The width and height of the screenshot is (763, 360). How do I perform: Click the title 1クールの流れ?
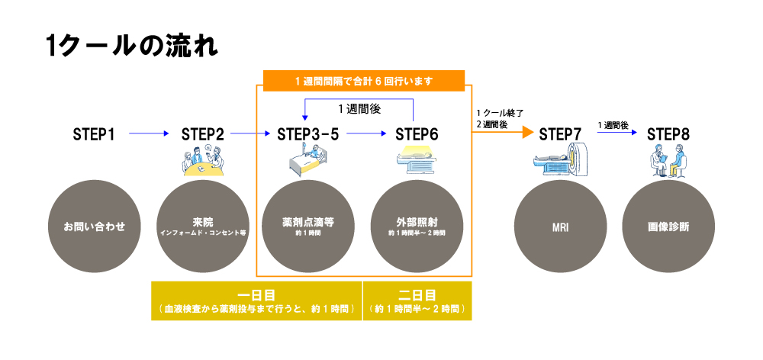click(x=131, y=47)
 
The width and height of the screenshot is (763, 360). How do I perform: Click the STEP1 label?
click(x=94, y=134)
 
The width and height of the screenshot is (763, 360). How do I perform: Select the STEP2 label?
click(x=203, y=134)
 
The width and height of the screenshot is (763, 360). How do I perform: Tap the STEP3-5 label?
click(x=308, y=134)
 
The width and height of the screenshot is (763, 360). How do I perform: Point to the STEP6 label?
click(x=417, y=134)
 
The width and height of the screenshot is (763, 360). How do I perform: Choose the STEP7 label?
click(x=561, y=134)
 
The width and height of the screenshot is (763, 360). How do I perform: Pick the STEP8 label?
click(x=668, y=134)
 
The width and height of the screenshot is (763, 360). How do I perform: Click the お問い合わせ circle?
click(x=95, y=227)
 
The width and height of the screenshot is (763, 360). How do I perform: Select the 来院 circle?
click(x=203, y=227)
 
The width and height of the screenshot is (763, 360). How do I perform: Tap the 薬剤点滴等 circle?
click(x=308, y=227)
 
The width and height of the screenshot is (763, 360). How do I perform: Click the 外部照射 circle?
click(x=417, y=227)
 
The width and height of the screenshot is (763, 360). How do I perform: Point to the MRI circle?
click(x=561, y=227)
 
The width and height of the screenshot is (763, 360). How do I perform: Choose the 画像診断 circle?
click(x=668, y=227)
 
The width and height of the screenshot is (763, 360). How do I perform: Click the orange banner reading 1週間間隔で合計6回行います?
click(x=364, y=81)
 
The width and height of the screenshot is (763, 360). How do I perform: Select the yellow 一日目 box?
click(x=256, y=301)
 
